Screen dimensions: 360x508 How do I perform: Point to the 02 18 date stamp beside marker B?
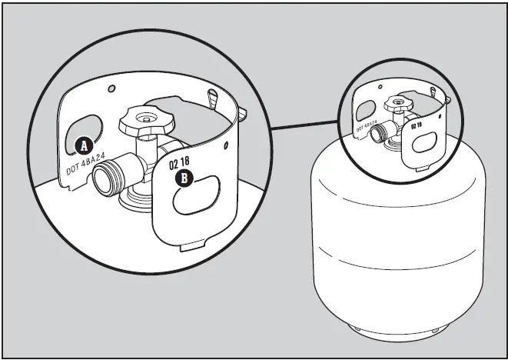(181, 163)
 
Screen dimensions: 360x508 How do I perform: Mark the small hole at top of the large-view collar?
(112, 89)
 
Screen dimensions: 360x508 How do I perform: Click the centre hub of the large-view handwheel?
(144, 117)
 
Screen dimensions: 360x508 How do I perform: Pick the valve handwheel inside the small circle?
(399, 104)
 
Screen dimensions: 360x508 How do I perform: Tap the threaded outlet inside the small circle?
(379, 134)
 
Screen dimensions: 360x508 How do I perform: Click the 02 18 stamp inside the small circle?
(417, 125)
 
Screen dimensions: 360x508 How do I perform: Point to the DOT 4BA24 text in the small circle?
(367, 125)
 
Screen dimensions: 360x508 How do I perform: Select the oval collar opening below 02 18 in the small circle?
(424, 144)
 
